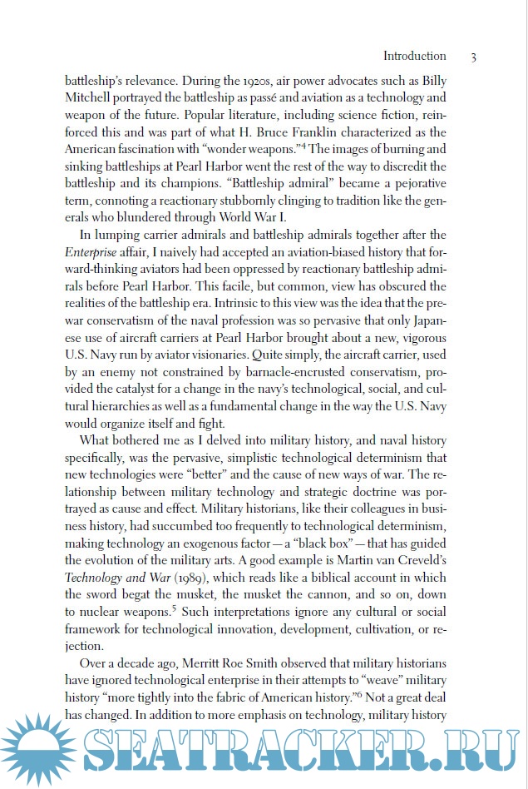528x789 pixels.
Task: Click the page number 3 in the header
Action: click(x=473, y=57)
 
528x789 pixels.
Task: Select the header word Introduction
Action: click(x=414, y=57)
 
